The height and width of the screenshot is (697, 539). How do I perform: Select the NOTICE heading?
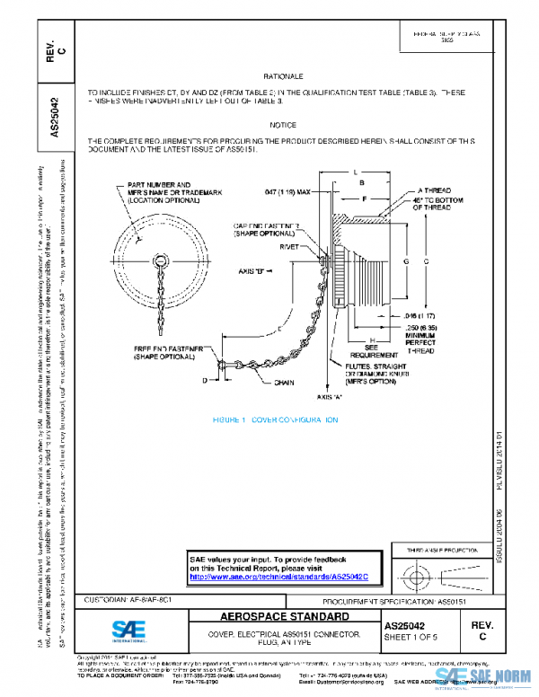click(283, 125)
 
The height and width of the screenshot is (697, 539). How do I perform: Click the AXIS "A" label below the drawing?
click(330, 396)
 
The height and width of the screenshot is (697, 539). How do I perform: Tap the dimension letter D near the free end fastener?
click(205, 381)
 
